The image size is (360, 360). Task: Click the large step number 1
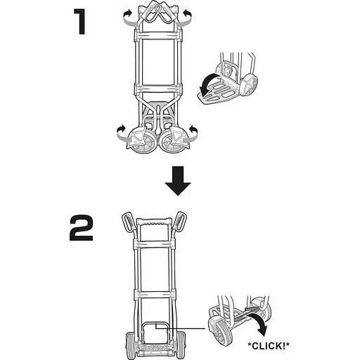point(81,22)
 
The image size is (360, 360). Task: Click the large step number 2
point(82,229)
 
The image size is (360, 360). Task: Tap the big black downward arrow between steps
point(178,181)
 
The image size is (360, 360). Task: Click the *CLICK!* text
point(269,345)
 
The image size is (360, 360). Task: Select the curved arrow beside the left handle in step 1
point(129,18)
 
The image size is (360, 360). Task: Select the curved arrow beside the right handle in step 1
point(185,18)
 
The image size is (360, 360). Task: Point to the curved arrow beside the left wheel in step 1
point(122,134)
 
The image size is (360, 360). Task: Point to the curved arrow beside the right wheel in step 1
point(191,134)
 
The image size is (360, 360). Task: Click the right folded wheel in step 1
point(174,141)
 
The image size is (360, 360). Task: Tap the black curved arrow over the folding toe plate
point(208,84)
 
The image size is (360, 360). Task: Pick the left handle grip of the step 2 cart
point(128,221)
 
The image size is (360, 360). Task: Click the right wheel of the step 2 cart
point(181,345)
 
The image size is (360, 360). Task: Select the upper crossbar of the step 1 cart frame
point(158,35)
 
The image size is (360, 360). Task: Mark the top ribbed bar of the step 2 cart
point(154,221)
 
